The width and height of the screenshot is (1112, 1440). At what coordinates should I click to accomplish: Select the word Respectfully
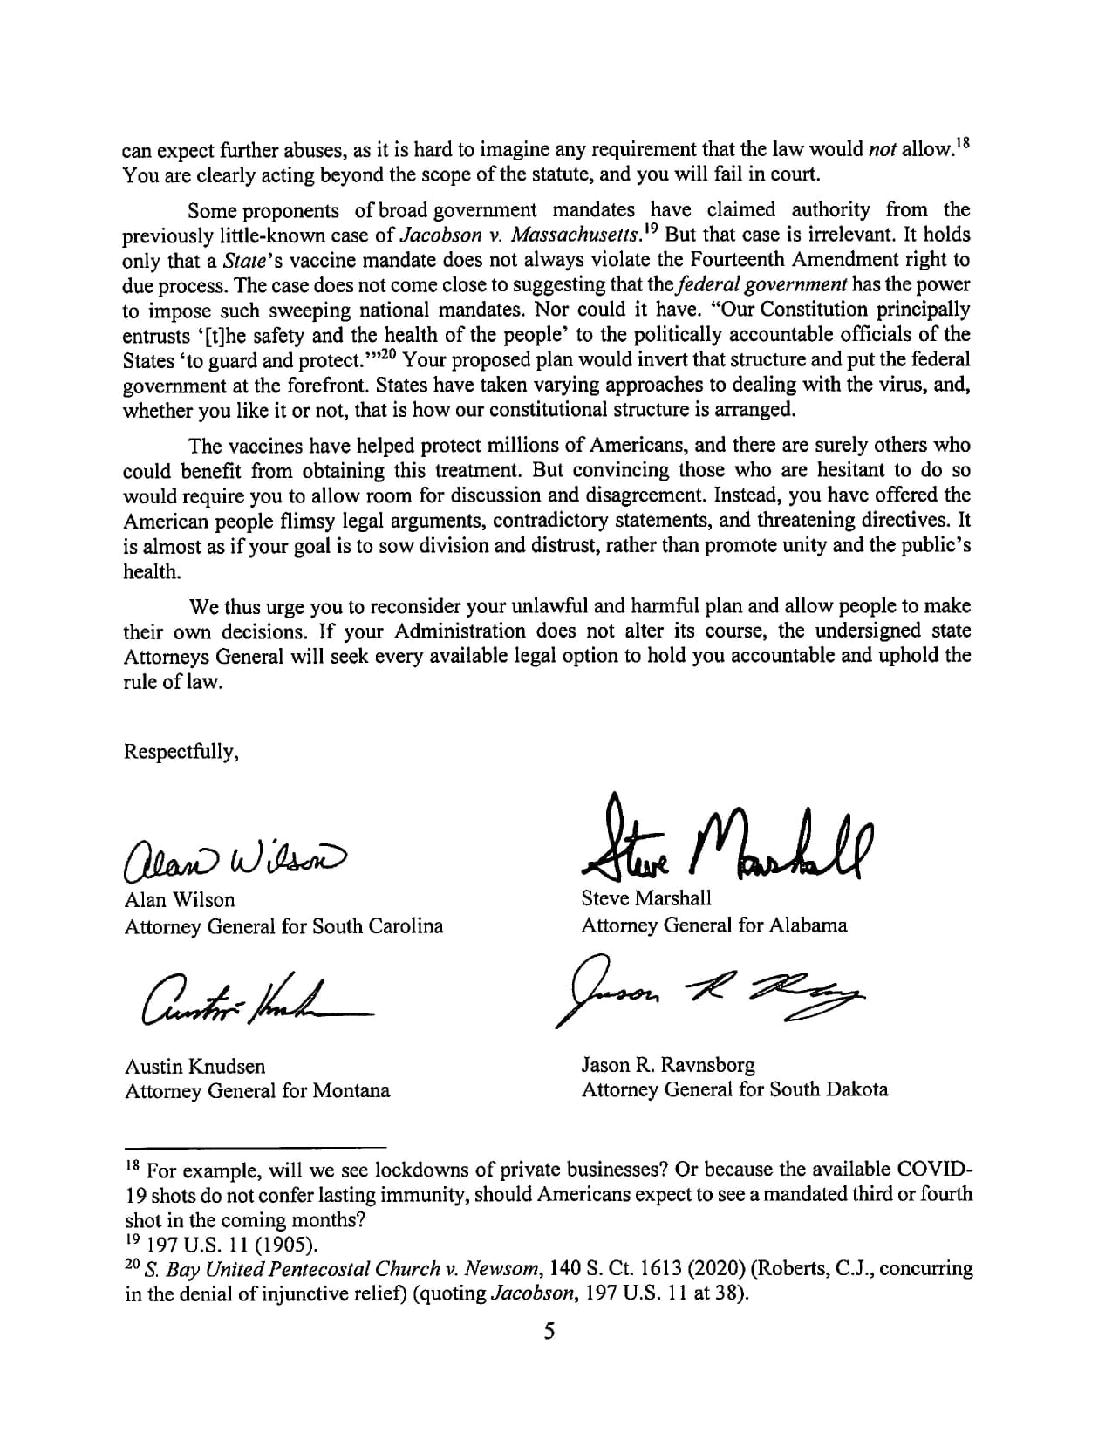pyautogui.click(x=181, y=751)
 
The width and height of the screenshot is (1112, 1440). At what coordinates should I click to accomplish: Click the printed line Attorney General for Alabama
pyautogui.click(x=713, y=925)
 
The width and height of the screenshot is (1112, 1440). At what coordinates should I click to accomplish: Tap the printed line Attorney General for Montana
pyautogui.click(x=257, y=1090)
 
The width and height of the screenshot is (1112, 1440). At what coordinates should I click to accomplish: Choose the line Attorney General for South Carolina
pyautogui.click(x=283, y=925)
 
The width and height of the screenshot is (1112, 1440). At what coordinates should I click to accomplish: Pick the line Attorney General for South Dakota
pyautogui.click(x=734, y=1089)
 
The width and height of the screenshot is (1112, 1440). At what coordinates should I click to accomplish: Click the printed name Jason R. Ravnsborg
pyautogui.click(x=668, y=1064)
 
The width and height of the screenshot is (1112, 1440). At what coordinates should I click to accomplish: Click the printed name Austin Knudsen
pyautogui.click(x=195, y=1066)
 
